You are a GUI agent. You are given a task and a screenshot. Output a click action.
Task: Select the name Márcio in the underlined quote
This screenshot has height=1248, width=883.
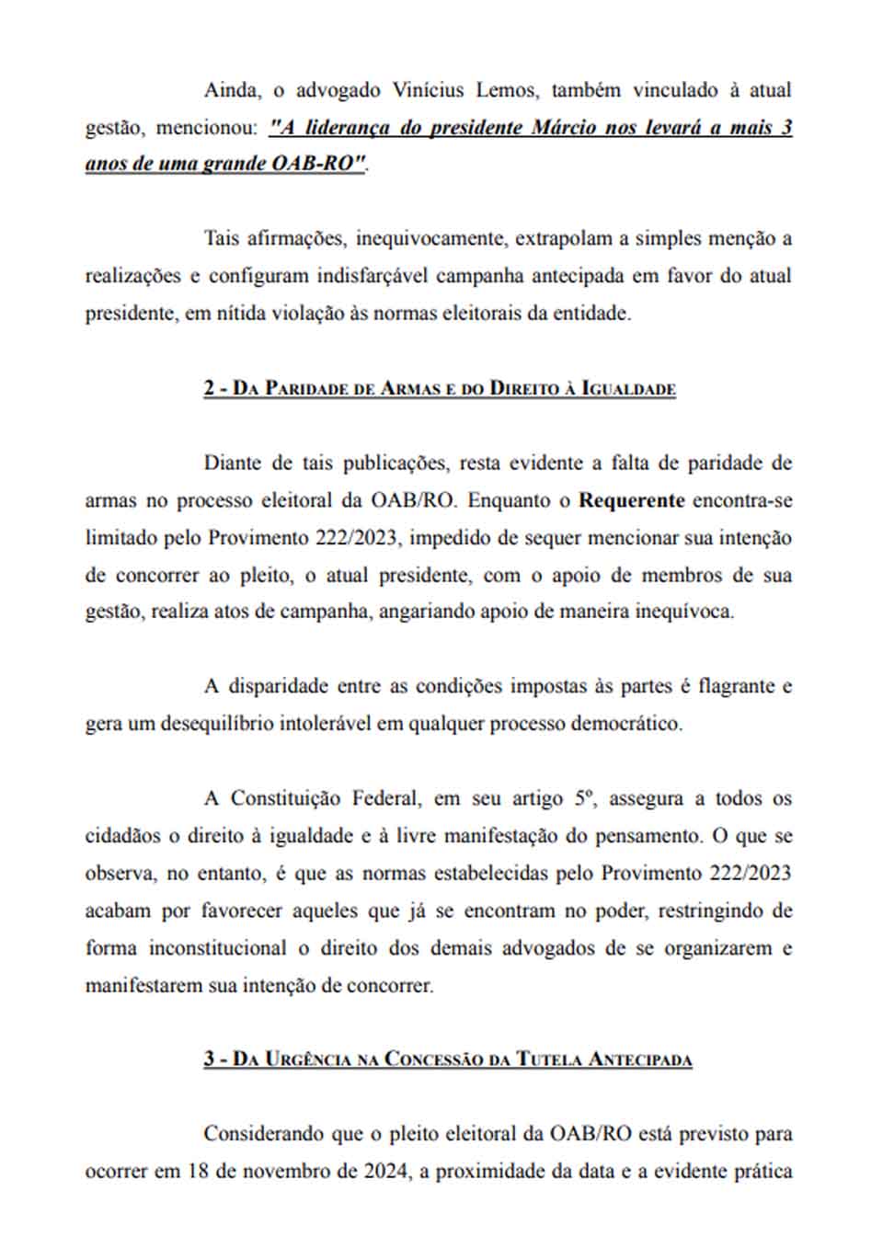click(x=565, y=128)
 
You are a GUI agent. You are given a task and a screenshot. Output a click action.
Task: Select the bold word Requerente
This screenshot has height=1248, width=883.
click(x=631, y=500)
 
